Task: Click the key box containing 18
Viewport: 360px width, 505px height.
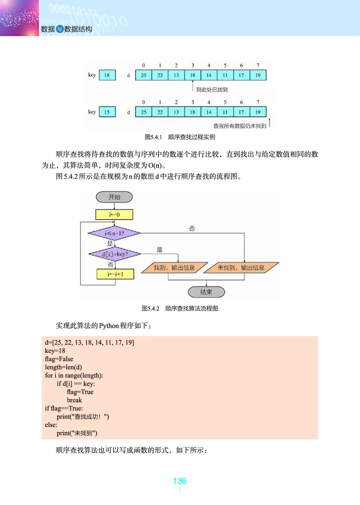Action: point(107,75)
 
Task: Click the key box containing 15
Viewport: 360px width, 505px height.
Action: point(107,112)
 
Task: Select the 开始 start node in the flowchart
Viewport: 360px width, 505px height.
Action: point(114,197)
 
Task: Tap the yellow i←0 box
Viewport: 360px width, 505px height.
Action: point(114,214)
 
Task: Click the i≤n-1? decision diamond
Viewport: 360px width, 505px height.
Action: point(114,234)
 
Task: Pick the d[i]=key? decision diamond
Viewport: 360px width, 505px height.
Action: point(115,254)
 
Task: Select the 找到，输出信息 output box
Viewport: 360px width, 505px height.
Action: point(174,268)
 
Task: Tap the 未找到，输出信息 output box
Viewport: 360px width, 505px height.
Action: point(241,268)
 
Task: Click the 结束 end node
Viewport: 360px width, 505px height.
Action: point(206,292)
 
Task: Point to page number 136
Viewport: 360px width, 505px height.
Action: point(180,481)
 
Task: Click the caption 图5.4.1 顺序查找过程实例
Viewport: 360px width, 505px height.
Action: point(180,137)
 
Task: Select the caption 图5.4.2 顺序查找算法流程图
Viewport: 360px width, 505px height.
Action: point(180,308)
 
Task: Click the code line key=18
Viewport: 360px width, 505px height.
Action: point(55,351)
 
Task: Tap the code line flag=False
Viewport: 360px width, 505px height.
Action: point(59,359)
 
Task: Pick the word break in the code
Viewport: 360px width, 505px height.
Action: point(74,400)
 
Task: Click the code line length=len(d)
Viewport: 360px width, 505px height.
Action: point(63,367)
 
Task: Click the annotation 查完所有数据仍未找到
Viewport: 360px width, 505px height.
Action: point(239,126)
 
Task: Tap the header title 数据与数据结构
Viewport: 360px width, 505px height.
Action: point(66,29)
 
